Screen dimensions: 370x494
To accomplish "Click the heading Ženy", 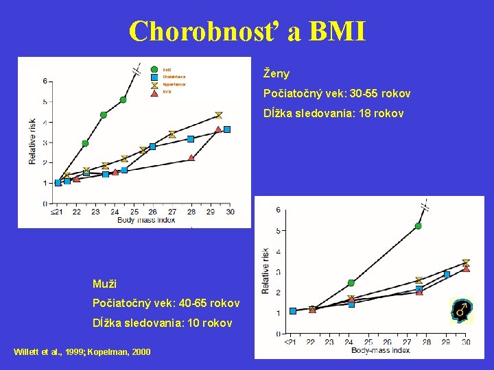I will pyautogui.click(x=276, y=73).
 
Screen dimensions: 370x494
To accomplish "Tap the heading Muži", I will pyautogui.click(x=106, y=283).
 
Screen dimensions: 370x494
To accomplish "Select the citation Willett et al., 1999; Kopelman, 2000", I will pyautogui.click(x=82, y=352).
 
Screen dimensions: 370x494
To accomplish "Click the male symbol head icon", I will pyautogui.click(x=460, y=310).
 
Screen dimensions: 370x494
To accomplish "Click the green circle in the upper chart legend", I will pyautogui.click(x=154, y=69).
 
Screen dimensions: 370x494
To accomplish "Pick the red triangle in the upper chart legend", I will pyautogui.click(x=154, y=92).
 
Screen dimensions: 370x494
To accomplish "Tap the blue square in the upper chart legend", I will pyautogui.click(x=154, y=77).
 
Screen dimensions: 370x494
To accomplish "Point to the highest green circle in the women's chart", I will pyautogui.click(x=123, y=99).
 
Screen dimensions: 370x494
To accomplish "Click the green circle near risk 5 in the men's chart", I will pyautogui.click(x=419, y=225).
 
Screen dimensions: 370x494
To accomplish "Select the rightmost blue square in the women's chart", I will pyautogui.click(x=227, y=129).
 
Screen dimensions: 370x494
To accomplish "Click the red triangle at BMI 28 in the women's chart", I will pyautogui.click(x=191, y=158).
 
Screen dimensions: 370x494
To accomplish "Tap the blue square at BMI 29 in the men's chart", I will pyautogui.click(x=447, y=275).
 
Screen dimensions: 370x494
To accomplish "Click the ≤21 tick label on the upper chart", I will pyautogui.click(x=57, y=212).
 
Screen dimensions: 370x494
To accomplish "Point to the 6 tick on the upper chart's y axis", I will pyautogui.click(x=45, y=81).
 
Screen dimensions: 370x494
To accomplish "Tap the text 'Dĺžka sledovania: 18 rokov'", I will pyautogui.click(x=333, y=113).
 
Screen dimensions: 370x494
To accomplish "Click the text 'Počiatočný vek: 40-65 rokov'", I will pyautogui.click(x=166, y=303).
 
